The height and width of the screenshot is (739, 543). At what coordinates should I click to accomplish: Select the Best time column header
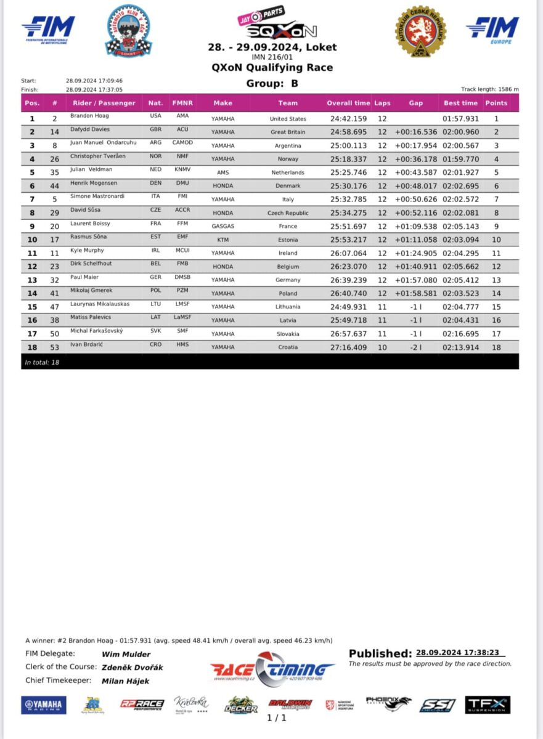tap(460, 103)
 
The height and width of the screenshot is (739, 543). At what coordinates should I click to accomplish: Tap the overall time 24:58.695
tap(348, 132)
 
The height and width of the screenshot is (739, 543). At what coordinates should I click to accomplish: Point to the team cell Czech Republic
tap(287, 213)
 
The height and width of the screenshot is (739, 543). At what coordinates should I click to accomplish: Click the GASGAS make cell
tap(223, 227)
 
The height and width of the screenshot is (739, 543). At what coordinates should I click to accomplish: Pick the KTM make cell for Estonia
tap(223, 240)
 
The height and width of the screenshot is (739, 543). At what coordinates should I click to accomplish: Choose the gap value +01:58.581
tap(416, 294)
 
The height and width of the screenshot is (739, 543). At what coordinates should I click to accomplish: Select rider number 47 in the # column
tap(54, 307)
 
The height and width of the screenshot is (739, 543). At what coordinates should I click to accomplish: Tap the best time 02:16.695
tap(460, 334)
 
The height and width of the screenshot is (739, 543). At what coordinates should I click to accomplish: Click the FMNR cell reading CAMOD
tap(182, 143)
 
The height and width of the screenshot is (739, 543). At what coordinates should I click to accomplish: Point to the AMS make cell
tap(223, 173)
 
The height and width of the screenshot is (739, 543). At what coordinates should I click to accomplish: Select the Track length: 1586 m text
tap(489, 89)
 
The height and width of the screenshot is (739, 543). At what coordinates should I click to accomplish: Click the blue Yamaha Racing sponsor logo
tap(44, 705)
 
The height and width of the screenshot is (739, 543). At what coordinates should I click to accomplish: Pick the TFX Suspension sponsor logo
tap(488, 705)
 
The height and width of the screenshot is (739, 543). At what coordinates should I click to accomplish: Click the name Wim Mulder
tap(126, 654)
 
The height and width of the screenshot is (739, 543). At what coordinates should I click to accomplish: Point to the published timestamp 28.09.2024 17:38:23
tap(457, 652)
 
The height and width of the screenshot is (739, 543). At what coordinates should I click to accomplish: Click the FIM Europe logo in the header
tap(492, 30)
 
